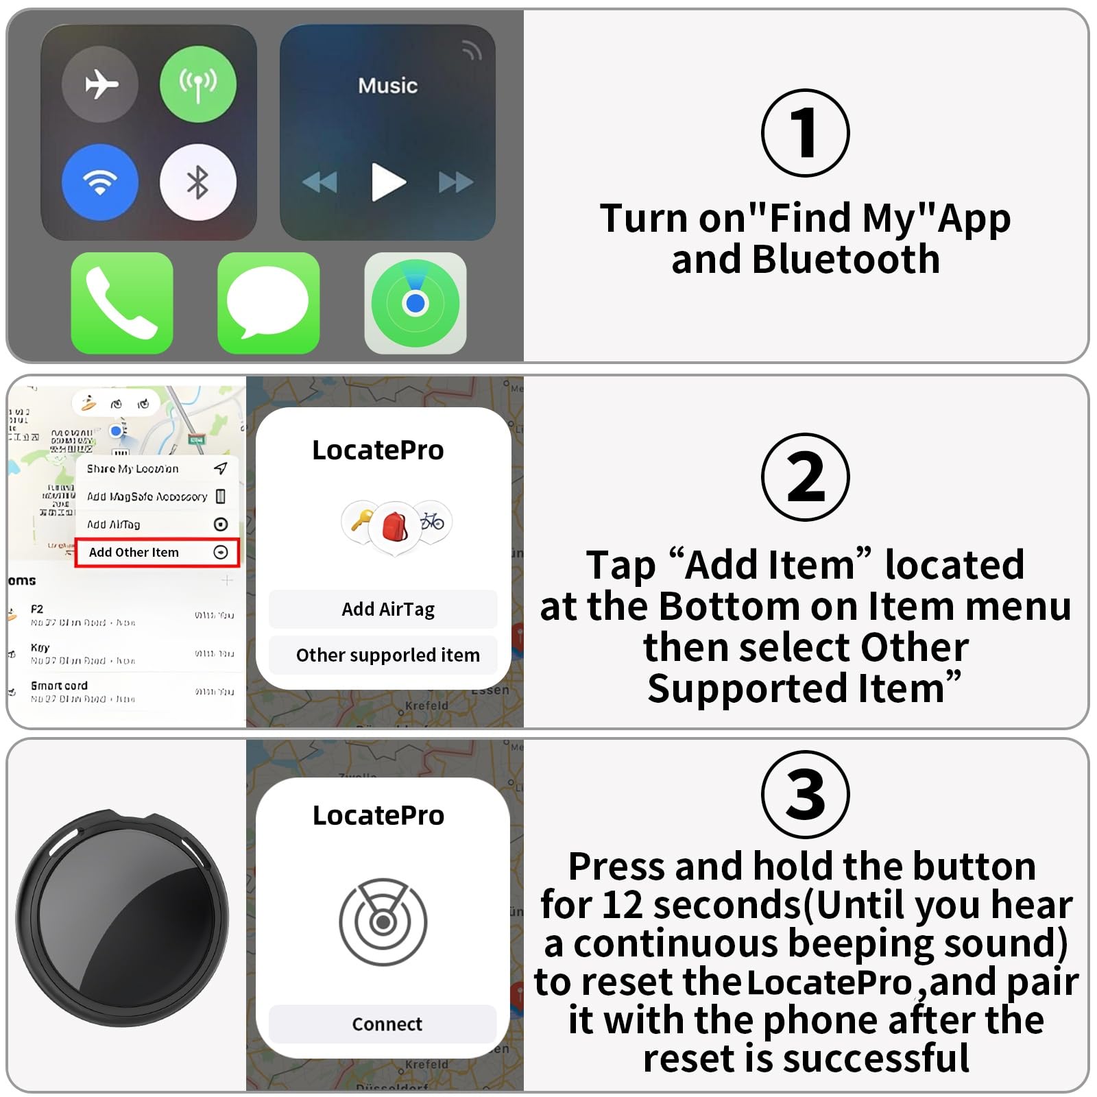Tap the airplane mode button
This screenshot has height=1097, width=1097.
click(x=100, y=84)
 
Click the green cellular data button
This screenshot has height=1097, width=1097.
click(x=198, y=84)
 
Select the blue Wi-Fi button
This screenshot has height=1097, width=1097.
click(x=100, y=182)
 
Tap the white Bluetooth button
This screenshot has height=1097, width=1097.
click(x=198, y=182)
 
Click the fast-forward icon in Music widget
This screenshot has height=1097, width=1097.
click(x=455, y=182)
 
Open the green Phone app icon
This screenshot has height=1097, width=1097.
click(x=122, y=303)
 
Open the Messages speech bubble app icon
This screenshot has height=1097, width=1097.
click(x=268, y=303)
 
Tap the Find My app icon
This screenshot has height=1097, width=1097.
click(x=415, y=303)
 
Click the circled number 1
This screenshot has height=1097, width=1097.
click(x=805, y=133)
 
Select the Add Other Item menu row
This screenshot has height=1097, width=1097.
click(x=157, y=553)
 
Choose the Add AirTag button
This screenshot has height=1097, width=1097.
click(x=387, y=609)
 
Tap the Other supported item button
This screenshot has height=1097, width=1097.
click(x=387, y=655)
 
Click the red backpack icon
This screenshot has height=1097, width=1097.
click(x=394, y=527)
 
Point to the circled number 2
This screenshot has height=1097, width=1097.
click(x=805, y=477)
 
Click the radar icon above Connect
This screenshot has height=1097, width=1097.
click(x=383, y=921)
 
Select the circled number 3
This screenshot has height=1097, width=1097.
click(x=805, y=795)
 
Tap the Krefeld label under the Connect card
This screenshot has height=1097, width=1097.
click(x=426, y=1064)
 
